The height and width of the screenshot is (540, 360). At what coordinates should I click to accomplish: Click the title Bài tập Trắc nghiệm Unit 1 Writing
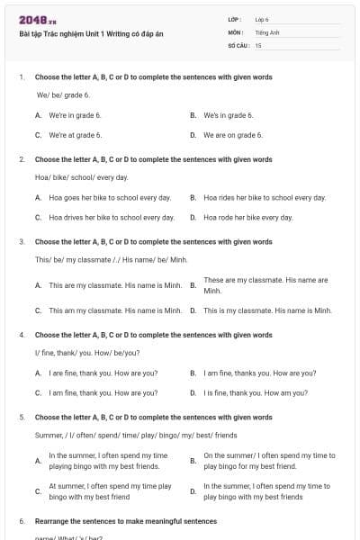tap(91, 35)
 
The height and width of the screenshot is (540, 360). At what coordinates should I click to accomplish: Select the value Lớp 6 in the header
tap(262, 19)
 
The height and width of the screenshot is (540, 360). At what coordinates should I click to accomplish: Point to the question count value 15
tap(258, 44)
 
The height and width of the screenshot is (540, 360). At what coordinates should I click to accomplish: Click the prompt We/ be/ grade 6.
tap(63, 94)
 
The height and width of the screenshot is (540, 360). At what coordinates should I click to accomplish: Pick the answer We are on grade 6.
tap(233, 135)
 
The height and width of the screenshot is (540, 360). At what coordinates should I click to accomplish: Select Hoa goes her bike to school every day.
tap(110, 197)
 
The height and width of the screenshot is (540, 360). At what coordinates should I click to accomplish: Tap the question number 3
tap(22, 242)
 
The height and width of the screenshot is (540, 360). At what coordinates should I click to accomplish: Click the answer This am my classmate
tap(115, 310)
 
